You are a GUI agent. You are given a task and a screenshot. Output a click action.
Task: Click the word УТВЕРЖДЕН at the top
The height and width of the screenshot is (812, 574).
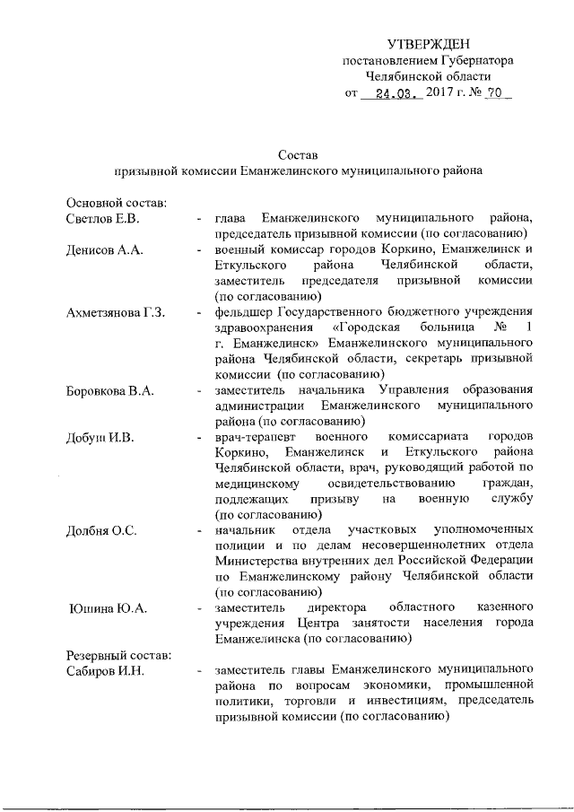point(428,44)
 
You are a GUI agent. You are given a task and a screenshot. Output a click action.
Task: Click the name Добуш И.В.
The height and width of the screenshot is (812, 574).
point(100,437)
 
